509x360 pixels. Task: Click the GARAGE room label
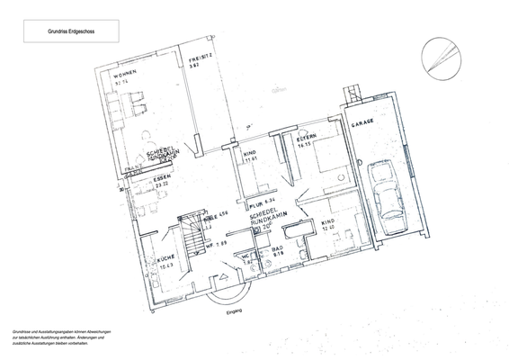point(362,122)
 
